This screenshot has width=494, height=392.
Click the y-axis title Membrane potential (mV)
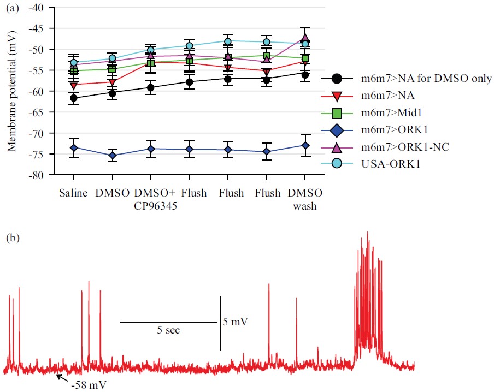click(x=11, y=91)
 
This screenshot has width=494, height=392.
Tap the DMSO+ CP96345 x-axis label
click(x=151, y=199)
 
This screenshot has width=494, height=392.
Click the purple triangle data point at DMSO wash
click(x=305, y=38)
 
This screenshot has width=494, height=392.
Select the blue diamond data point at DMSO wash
click(x=305, y=145)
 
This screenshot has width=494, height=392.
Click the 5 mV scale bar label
click(x=236, y=322)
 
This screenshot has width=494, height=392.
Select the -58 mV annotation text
click(x=89, y=385)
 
